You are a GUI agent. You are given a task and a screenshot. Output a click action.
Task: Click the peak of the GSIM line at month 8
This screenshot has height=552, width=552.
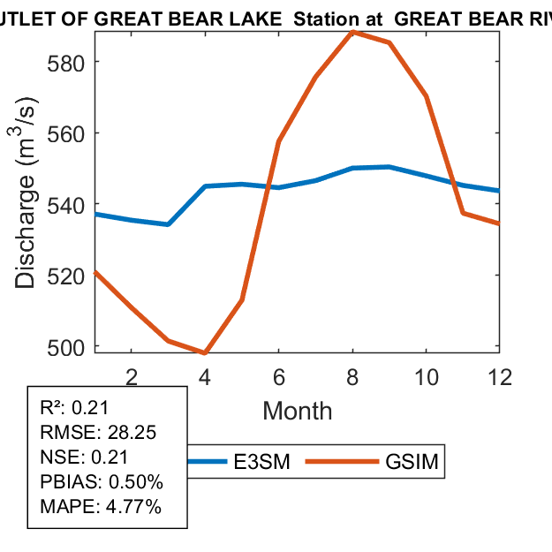pyautogui.click(x=352, y=32)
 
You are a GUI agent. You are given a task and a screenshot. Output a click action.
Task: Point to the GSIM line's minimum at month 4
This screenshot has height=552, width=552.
pyautogui.click(x=205, y=352)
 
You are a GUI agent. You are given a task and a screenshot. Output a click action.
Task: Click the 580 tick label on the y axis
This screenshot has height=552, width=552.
pyautogui.click(x=68, y=63)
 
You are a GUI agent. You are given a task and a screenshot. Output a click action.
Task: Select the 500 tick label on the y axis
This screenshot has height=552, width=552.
pyautogui.click(x=68, y=346)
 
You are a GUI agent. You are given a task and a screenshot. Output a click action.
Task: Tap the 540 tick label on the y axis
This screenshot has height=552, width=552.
pyautogui.click(x=68, y=205)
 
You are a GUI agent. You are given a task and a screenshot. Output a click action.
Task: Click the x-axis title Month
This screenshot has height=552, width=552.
pyautogui.click(x=298, y=411)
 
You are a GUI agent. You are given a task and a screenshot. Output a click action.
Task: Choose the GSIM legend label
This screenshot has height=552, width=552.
pyautogui.click(x=412, y=462)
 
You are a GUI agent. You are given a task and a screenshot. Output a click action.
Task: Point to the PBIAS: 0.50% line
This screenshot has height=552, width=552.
pyautogui.click(x=102, y=482)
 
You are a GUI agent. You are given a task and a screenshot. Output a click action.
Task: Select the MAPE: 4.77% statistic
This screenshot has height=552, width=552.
pyautogui.click(x=101, y=507)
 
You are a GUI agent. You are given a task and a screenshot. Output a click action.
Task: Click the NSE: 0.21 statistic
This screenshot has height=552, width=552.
pyautogui.click(x=85, y=457)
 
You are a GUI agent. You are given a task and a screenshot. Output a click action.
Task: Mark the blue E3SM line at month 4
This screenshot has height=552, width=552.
pyautogui.click(x=205, y=186)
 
